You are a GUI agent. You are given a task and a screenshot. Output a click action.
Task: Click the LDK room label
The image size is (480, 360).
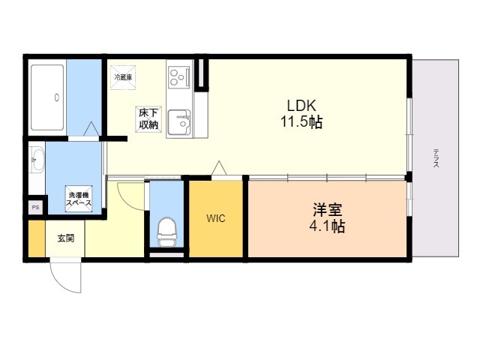click(301, 106)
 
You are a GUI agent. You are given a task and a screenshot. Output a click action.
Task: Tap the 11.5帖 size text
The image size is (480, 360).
click(301, 122)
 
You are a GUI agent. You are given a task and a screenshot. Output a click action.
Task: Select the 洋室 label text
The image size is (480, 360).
click(327, 210)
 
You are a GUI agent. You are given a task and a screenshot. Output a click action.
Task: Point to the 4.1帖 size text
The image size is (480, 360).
click(327, 226)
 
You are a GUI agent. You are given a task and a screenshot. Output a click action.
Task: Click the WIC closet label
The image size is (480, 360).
click(216, 218)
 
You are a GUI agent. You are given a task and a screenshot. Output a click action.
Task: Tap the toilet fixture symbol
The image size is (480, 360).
click(166, 232)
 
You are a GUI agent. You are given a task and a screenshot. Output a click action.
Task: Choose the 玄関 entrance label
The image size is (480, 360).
click(66, 238)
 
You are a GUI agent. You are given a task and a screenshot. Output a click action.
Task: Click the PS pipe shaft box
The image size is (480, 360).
click(35, 208)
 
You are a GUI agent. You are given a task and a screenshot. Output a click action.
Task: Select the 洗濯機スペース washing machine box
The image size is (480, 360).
click(79, 198)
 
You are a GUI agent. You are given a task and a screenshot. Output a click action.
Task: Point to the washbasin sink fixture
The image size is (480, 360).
click(37, 160)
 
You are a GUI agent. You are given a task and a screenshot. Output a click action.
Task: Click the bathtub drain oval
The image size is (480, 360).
click(57, 97)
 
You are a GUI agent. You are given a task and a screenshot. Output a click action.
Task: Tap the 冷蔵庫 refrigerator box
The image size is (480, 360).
click(123, 77)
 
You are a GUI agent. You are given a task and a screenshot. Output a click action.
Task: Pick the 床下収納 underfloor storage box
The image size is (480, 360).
click(148, 119)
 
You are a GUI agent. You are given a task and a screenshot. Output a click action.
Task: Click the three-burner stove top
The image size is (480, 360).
click(178, 76)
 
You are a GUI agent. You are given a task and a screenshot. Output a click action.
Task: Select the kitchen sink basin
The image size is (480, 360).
click(179, 122)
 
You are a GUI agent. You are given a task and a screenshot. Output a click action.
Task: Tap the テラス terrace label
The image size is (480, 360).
click(436, 158)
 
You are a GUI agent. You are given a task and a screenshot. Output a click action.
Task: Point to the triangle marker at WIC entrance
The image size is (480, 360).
click(219, 168)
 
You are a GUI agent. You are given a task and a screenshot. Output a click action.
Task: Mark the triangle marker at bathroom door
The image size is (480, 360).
click(91, 129)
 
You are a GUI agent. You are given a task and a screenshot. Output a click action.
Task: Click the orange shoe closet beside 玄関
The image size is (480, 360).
click(37, 238)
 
